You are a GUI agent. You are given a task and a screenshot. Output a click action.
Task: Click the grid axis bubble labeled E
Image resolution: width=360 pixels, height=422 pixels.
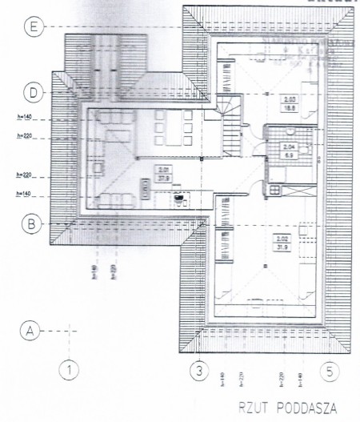coord(32,26)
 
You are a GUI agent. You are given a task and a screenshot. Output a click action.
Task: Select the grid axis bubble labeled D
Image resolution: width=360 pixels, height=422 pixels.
coord(32,92)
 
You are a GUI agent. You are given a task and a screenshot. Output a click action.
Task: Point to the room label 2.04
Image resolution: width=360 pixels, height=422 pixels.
coord(289,148)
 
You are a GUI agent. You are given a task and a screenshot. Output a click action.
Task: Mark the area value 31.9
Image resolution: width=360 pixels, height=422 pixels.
coord(280,246)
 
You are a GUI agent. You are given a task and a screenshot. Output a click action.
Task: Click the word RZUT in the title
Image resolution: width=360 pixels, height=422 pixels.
coord(255,409)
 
